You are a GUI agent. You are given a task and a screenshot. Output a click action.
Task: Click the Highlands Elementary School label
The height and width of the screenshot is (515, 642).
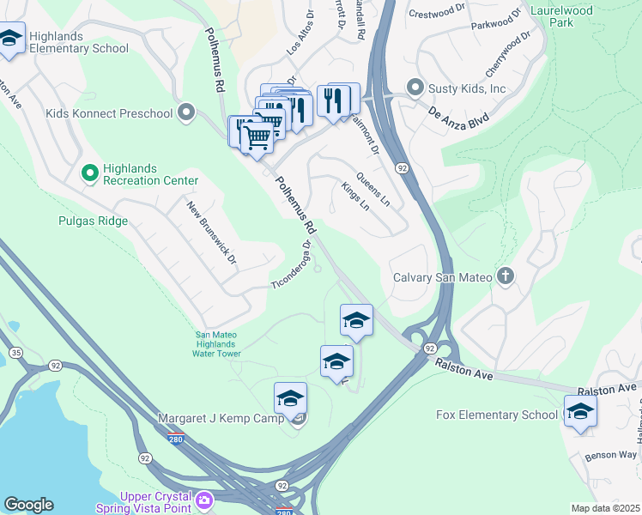pos(78,43)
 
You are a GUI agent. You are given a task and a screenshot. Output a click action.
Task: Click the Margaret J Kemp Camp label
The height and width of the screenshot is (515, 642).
pos(223,418)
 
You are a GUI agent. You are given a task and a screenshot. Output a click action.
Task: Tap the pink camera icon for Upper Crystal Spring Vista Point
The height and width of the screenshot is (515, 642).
pos(204,500)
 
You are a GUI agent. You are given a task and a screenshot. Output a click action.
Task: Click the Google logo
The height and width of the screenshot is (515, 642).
pos(28,505)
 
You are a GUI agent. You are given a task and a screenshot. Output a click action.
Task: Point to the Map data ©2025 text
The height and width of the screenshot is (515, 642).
pos(605,508)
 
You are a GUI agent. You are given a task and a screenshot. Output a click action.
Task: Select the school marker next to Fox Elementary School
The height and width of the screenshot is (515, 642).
pos(580,413)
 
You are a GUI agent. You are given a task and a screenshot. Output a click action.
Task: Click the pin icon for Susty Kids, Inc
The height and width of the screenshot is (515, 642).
pos(415,88)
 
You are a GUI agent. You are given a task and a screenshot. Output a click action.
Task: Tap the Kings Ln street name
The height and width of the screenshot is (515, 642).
pos(354,197)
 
